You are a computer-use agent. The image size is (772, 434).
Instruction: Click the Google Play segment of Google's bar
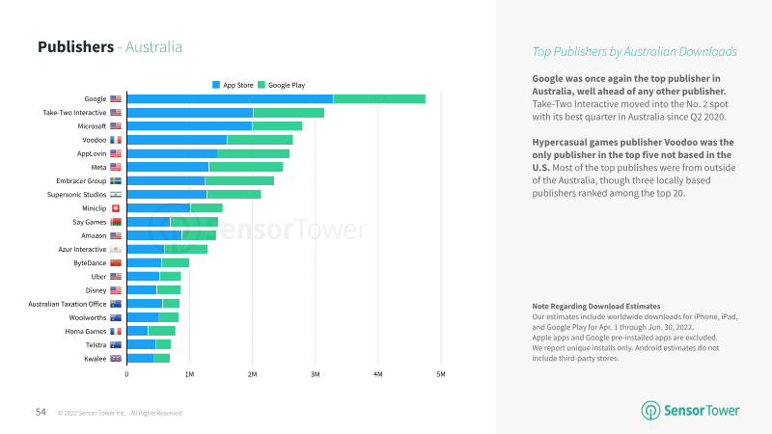pyautogui.click(x=379, y=98)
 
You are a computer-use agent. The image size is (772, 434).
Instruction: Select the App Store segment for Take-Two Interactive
pyautogui.click(x=189, y=113)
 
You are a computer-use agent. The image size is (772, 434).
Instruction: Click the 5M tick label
pyautogui.click(x=441, y=373)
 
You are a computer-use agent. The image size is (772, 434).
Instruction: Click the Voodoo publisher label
pyautogui.click(x=94, y=140)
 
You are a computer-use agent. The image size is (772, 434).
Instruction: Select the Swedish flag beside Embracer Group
pyautogui.click(x=116, y=180)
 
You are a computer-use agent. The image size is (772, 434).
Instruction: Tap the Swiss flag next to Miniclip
pyautogui.click(x=116, y=208)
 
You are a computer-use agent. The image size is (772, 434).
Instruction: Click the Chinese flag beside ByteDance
pyautogui.click(x=116, y=262)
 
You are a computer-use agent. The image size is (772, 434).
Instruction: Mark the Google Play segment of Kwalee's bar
pyautogui.click(x=161, y=359)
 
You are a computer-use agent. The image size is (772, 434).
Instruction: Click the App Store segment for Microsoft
pyautogui.click(x=189, y=126)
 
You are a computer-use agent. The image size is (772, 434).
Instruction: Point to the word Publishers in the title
pyautogui.click(x=74, y=47)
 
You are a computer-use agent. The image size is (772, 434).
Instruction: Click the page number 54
pyautogui.click(x=41, y=412)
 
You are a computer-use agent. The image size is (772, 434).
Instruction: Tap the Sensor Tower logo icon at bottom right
pyautogui.click(x=651, y=410)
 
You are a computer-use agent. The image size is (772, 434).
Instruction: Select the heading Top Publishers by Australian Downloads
pyautogui.click(x=634, y=51)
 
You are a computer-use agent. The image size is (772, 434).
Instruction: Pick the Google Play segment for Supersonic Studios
pyautogui.click(x=234, y=195)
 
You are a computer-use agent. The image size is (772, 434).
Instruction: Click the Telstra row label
pyautogui.click(x=96, y=344)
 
